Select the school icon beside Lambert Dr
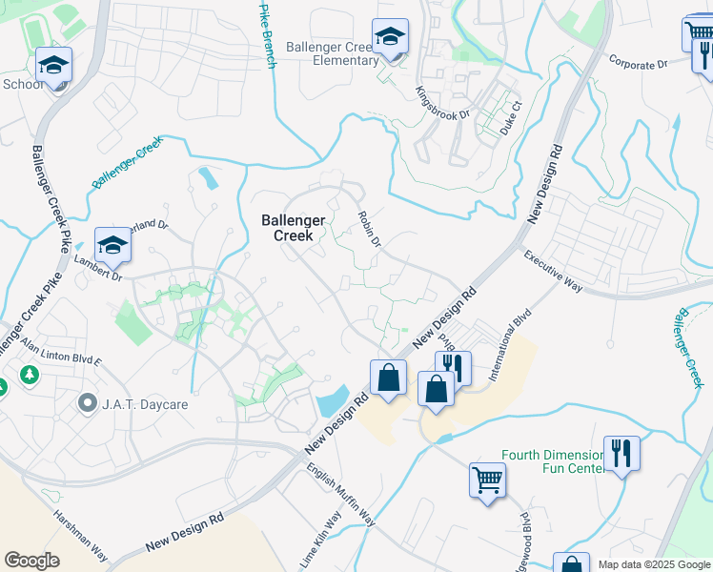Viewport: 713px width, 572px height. (112, 246)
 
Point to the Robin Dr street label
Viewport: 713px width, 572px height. (369, 230)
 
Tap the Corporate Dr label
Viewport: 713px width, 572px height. (638, 63)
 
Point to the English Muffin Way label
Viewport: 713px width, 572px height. (340, 495)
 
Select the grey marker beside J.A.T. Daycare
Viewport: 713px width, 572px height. (88, 403)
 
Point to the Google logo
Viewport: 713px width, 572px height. (32, 561)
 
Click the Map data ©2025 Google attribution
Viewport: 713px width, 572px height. (654, 564)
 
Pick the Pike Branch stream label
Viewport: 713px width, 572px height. (268, 34)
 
